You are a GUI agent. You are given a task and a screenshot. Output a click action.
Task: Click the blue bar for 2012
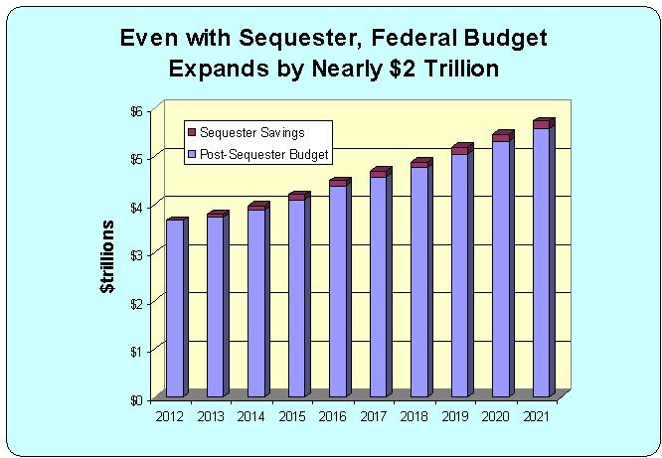tap(175, 308)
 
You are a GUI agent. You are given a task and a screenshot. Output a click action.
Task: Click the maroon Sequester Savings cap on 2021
tap(542, 124)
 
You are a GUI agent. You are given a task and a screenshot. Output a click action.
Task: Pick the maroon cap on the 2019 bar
tap(460, 150)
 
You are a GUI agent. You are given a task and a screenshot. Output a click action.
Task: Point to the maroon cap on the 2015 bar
tap(297, 197)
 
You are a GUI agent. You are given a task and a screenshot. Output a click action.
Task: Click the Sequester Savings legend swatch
tap(193, 133)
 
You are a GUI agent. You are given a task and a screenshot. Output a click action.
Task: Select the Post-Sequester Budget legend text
tap(264, 155)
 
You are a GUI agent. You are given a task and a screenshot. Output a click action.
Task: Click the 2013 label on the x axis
tap(209, 416)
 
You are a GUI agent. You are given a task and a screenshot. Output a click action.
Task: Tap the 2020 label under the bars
tap(494, 416)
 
